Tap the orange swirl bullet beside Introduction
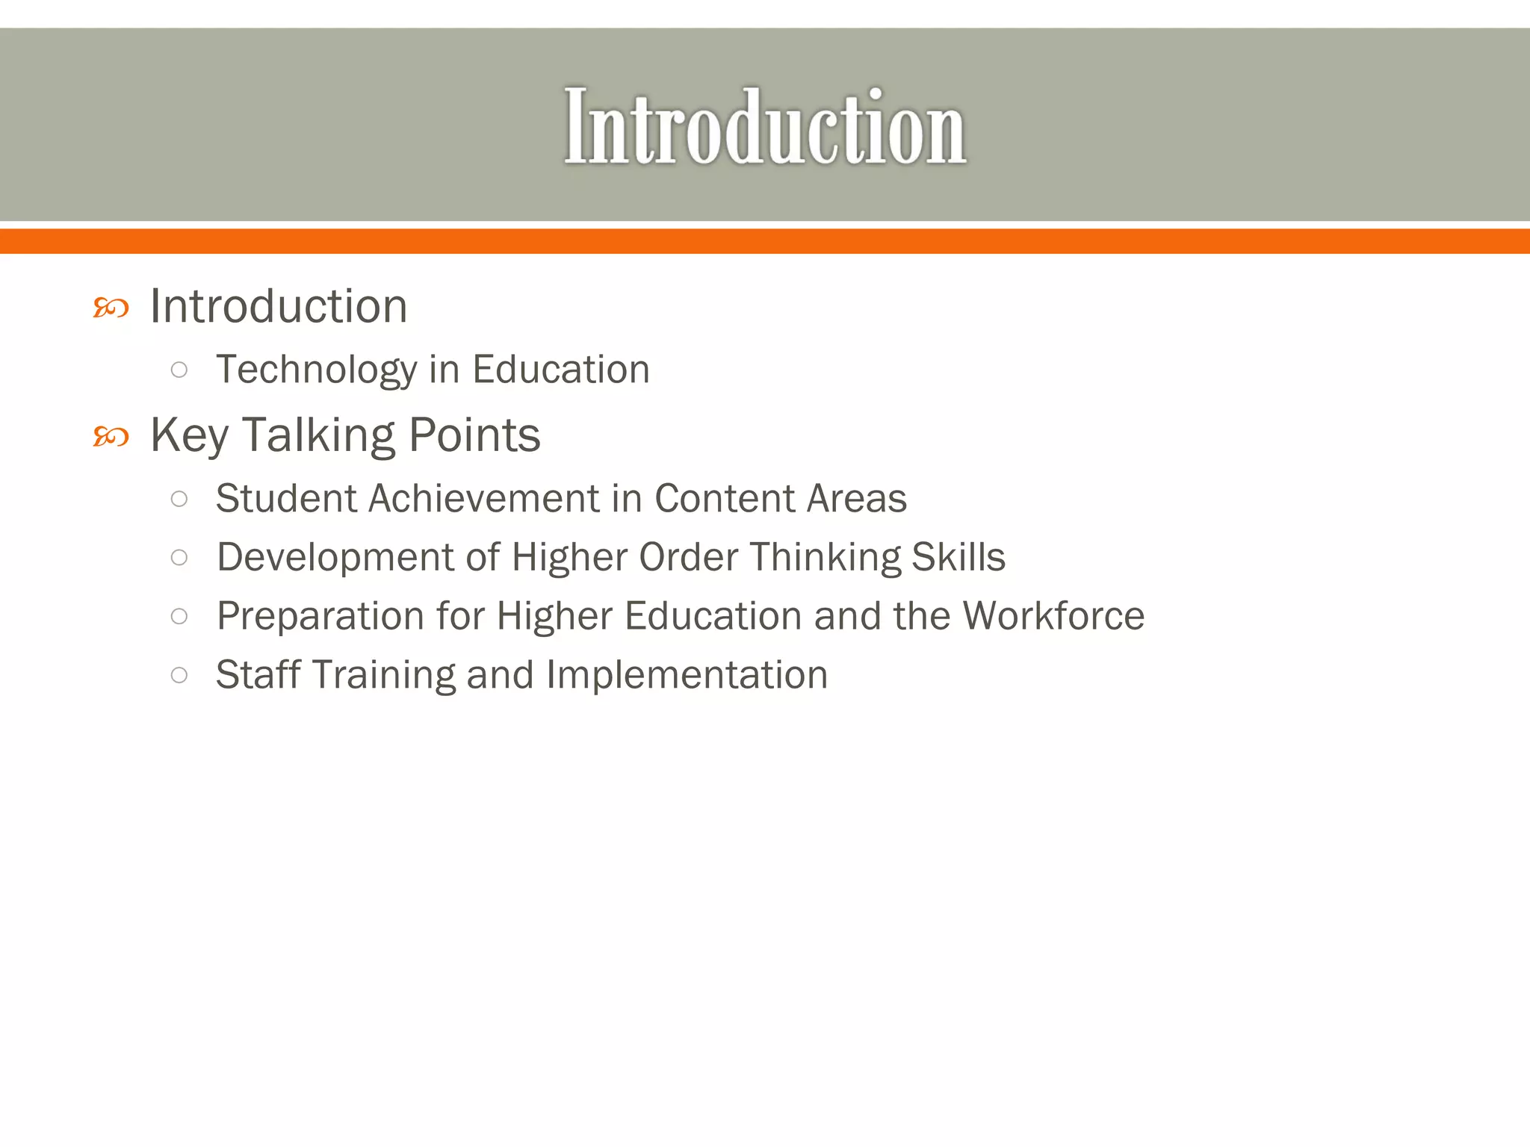[x=111, y=308]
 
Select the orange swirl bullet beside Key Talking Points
[x=111, y=436]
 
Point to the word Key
[x=189, y=435]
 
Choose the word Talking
[x=318, y=435]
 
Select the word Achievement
[x=483, y=498]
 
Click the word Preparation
[x=319, y=616]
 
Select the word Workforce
[x=1053, y=616]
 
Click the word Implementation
[x=687, y=674]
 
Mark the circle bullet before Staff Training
[x=179, y=675]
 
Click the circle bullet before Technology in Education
[x=179, y=370]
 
